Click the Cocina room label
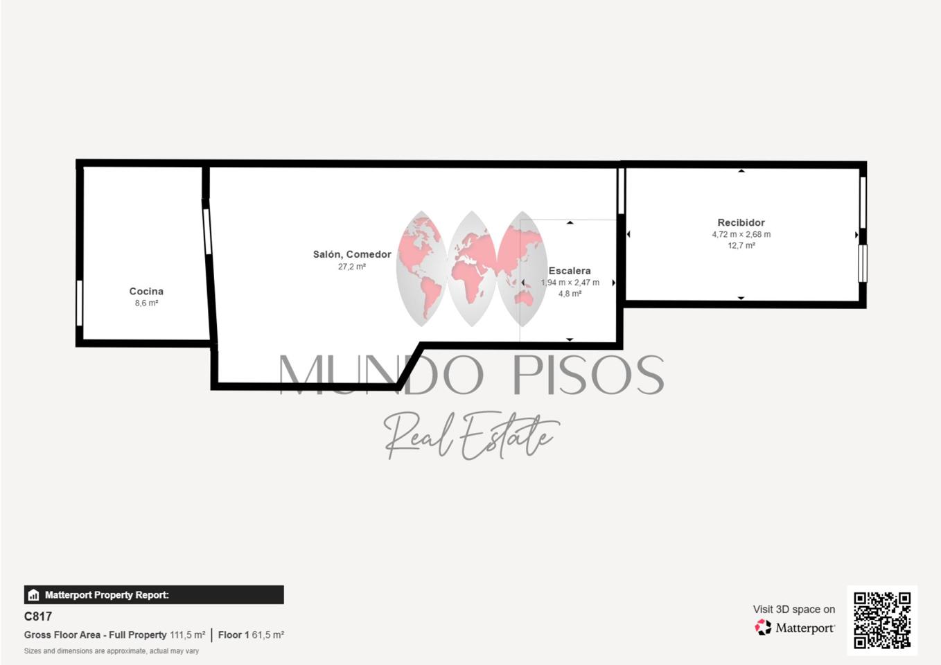click(146, 291)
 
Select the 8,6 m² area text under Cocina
click(146, 303)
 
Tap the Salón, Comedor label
click(352, 254)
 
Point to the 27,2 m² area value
click(352, 267)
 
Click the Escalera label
click(570, 271)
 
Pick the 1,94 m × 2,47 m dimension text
click(570, 283)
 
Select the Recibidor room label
click(741, 222)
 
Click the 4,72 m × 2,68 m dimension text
click(741, 234)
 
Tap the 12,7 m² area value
click(741, 245)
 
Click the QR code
click(882, 621)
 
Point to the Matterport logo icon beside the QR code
click(763, 628)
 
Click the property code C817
click(38, 617)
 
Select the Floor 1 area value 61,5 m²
click(268, 635)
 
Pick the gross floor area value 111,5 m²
click(187, 635)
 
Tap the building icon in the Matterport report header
click(33, 595)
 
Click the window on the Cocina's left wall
click(80, 303)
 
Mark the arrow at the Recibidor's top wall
click(741, 171)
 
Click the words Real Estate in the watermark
click(471, 436)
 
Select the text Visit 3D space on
click(794, 609)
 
